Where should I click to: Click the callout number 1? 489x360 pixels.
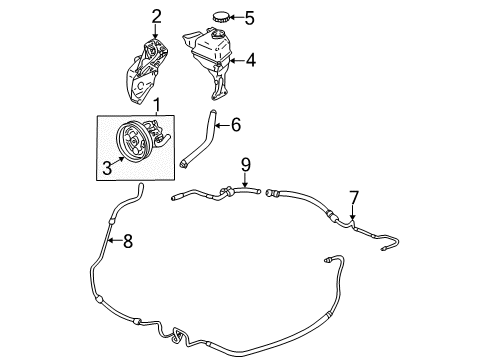tap(154, 105)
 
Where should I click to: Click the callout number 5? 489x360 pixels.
tap(251, 17)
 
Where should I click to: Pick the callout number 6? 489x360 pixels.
tap(236, 125)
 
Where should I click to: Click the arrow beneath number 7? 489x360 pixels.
tap(353, 213)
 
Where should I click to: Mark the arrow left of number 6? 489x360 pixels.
tap(219, 125)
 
